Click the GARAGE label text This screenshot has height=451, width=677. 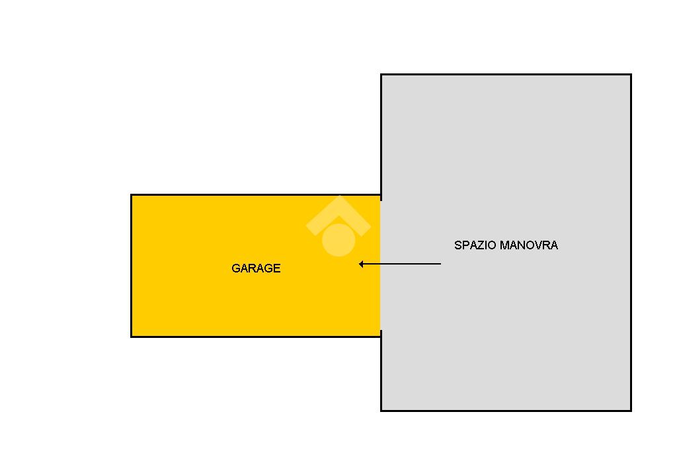[x=256, y=268]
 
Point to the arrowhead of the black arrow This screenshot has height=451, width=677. [x=361, y=264]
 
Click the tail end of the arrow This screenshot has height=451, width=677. [x=440, y=264]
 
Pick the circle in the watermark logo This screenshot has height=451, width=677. [x=338, y=239]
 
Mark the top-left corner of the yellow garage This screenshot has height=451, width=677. [x=132, y=195]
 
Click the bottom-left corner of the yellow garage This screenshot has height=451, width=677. [x=132, y=337]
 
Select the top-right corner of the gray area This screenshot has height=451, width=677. [x=631, y=75]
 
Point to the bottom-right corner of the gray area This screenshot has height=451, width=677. [x=631, y=411]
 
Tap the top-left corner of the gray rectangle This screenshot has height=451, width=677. [x=381, y=75]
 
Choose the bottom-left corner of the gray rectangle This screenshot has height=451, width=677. [x=381, y=411]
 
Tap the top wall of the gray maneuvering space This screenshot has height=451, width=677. [x=506, y=75]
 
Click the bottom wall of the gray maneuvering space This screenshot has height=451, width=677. [x=506, y=411]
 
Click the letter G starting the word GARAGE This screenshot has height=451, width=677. [x=235, y=268]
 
